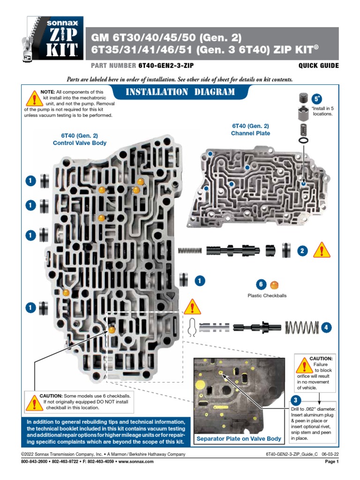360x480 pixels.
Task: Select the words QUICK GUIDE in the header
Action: [x=318, y=66]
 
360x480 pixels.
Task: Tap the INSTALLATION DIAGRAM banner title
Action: [x=180, y=92]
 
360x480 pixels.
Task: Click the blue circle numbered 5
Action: [x=317, y=99]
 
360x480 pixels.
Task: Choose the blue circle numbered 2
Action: [x=302, y=251]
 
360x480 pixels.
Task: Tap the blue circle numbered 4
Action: [x=325, y=328]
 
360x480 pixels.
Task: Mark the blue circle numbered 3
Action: [x=296, y=400]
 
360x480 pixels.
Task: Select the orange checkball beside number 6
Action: [x=275, y=285]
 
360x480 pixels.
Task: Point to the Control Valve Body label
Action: [x=79, y=139]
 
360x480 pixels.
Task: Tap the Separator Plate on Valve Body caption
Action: [x=239, y=439]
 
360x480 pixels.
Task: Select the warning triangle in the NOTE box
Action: [x=34, y=97]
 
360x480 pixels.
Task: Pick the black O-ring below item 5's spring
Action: [x=303, y=140]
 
